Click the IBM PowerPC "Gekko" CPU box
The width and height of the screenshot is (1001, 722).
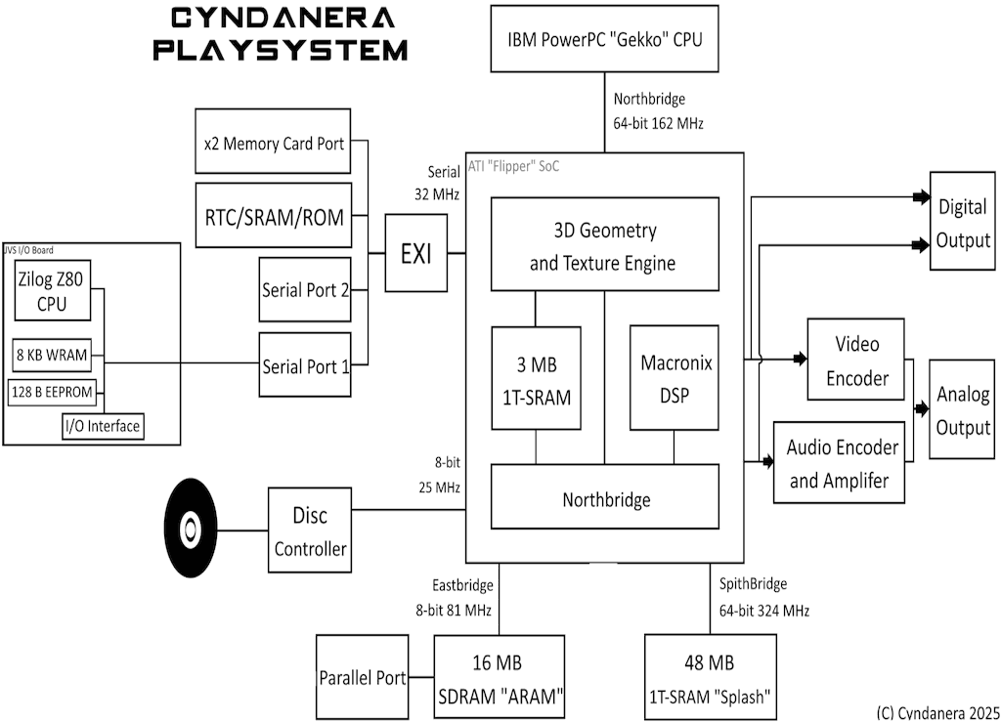[x=603, y=39]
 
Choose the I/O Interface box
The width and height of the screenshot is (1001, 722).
[x=102, y=426]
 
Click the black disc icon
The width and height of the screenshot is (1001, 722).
[x=204, y=525]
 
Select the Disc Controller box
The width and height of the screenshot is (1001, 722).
[x=310, y=532]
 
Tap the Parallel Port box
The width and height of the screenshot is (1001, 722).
[x=363, y=677]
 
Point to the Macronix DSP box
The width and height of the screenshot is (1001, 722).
[x=675, y=378]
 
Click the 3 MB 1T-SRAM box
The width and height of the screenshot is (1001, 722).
[x=536, y=378]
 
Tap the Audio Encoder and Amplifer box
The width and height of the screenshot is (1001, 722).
[x=843, y=463]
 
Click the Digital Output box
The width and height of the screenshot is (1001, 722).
[x=963, y=223]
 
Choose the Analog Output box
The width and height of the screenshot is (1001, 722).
[x=963, y=410]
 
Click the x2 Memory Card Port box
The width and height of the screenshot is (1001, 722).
[x=273, y=144]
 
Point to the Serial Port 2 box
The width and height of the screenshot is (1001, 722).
[x=305, y=289]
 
